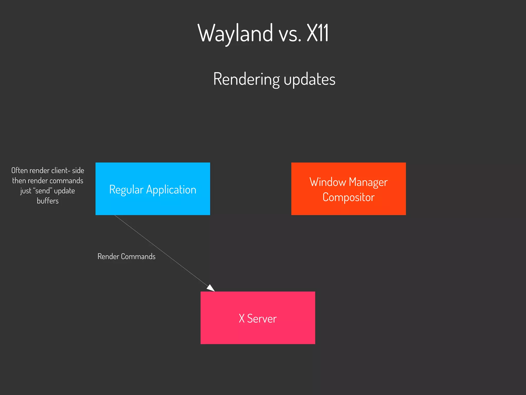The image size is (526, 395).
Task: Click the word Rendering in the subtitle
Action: pyautogui.click(x=246, y=79)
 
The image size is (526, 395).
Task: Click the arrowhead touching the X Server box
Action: pyautogui.click(x=211, y=288)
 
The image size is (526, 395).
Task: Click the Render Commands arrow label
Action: pyautogui.click(x=126, y=256)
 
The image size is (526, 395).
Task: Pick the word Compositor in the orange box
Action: pyautogui.click(x=348, y=197)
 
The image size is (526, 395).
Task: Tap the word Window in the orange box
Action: pyautogui.click(x=327, y=182)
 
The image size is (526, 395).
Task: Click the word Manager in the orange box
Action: pyautogui.click(x=368, y=182)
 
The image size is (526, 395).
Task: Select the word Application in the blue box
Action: pyautogui.click(x=171, y=190)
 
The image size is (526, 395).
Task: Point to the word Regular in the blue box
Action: pyautogui.click(x=126, y=190)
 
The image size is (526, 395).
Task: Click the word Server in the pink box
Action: pyautogui.click(x=262, y=319)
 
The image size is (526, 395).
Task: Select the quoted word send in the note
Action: pyautogui.click(x=42, y=191)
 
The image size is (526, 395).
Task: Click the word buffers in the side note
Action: pyautogui.click(x=48, y=201)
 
